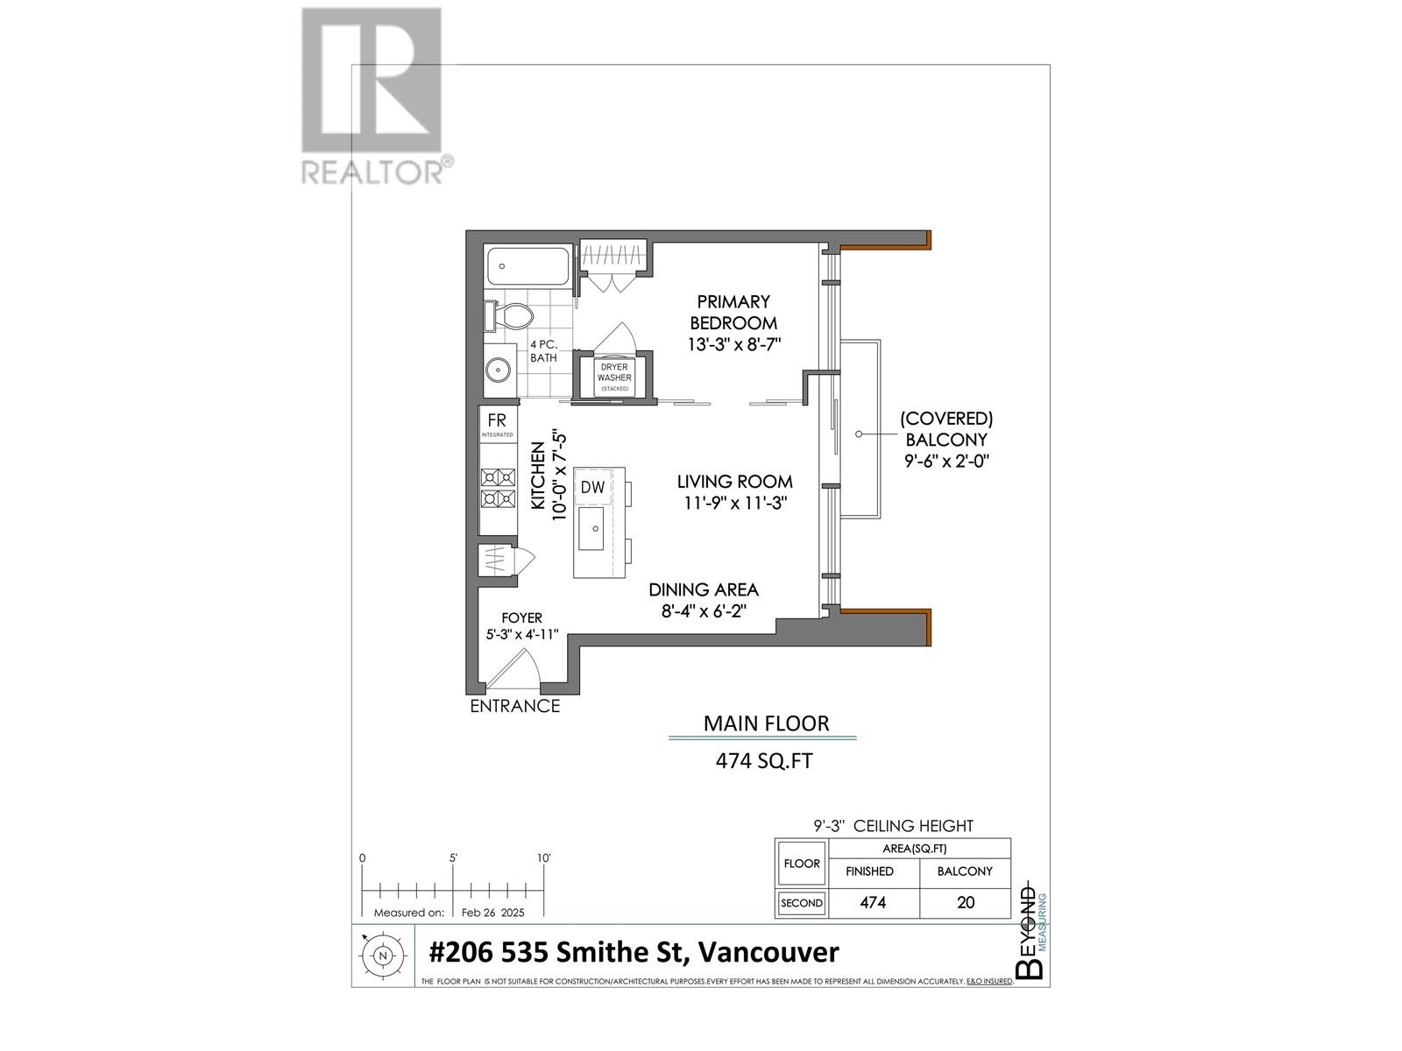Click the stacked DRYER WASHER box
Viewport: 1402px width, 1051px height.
tap(614, 377)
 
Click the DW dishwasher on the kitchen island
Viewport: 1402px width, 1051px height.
tap(593, 487)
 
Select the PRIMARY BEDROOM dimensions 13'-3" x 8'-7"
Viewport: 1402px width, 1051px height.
tap(733, 345)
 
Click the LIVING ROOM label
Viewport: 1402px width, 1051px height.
tap(734, 482)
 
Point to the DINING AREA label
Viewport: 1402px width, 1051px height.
tap(703, 590)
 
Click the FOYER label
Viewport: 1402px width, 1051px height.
tap(521, 617)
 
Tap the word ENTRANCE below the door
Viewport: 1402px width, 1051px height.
tap(514, 706)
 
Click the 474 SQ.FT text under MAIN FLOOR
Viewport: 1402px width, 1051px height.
tap(763, 761)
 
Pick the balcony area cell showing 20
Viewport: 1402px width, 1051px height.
tap(965, 902)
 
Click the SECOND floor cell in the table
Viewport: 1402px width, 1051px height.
tap(802, 903)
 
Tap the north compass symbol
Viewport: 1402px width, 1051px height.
tap(382, 956)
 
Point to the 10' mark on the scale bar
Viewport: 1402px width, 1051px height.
tap(544, 859)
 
